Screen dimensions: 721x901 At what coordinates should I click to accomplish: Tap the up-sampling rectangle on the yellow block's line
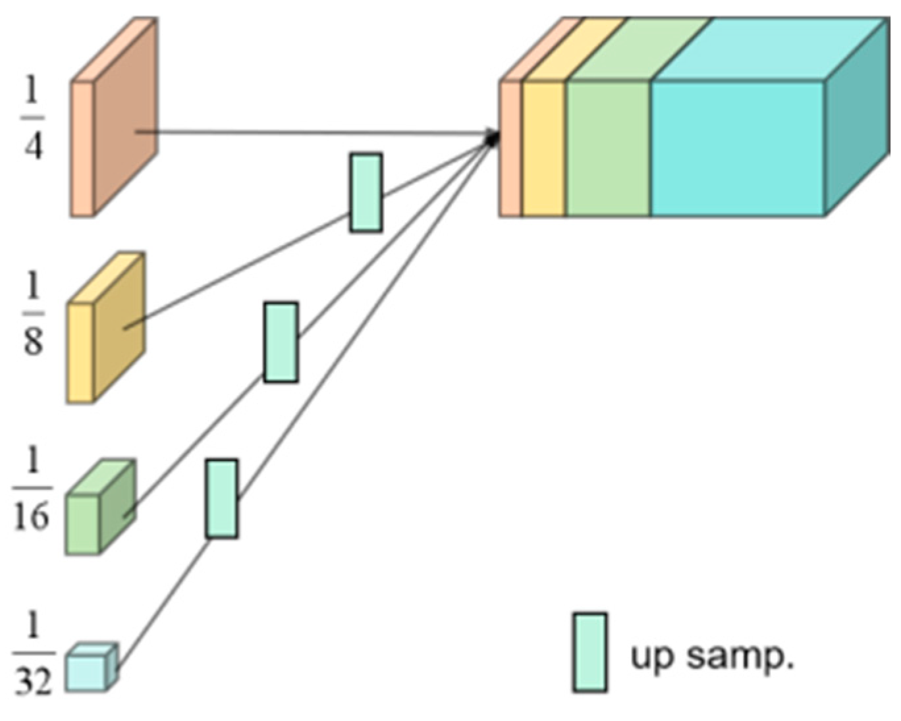[x=366, y=192]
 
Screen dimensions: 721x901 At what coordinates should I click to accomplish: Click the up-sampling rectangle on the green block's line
[x=281, y=342]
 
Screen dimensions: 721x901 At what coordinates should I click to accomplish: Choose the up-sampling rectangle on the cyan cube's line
[x=221, y=498]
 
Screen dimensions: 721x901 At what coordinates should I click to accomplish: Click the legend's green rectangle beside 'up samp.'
[x=589, y=653]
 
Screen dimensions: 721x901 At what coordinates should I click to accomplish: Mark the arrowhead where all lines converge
[x=493, y=137]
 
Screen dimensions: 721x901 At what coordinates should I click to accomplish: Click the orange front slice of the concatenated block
[x=510, y=148]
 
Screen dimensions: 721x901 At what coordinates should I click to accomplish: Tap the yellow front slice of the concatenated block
[x=543, y=148]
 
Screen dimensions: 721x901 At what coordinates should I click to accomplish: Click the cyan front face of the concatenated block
[x=738, y=148]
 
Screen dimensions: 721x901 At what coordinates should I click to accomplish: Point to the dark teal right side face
[x=856, y=119]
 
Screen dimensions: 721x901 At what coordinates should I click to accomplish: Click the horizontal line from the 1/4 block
[x=316, y=133]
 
